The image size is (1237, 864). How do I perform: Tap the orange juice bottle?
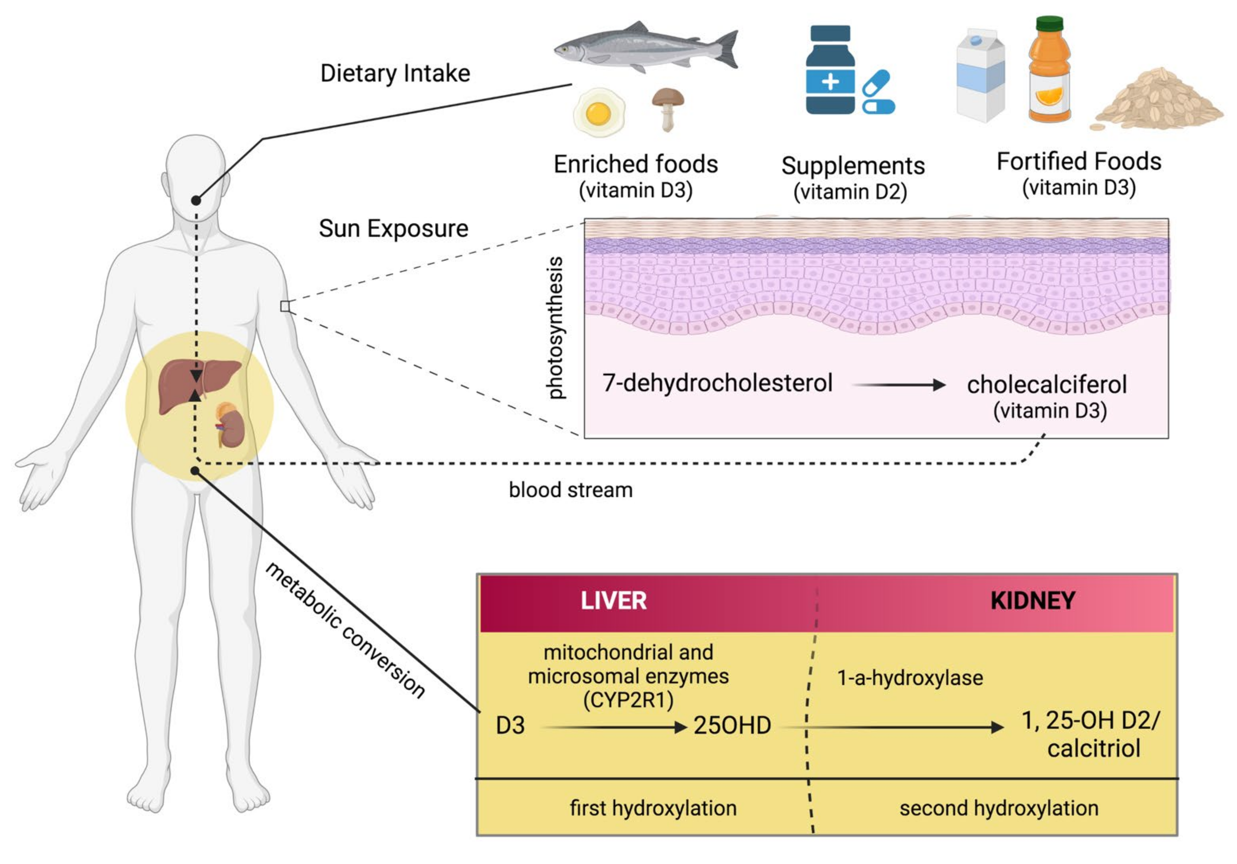coord(1049,70)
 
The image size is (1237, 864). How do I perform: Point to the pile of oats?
coord(1158,102)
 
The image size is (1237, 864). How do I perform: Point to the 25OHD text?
coord(732,725)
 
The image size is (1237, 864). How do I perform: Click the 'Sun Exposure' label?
coord(393,229)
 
